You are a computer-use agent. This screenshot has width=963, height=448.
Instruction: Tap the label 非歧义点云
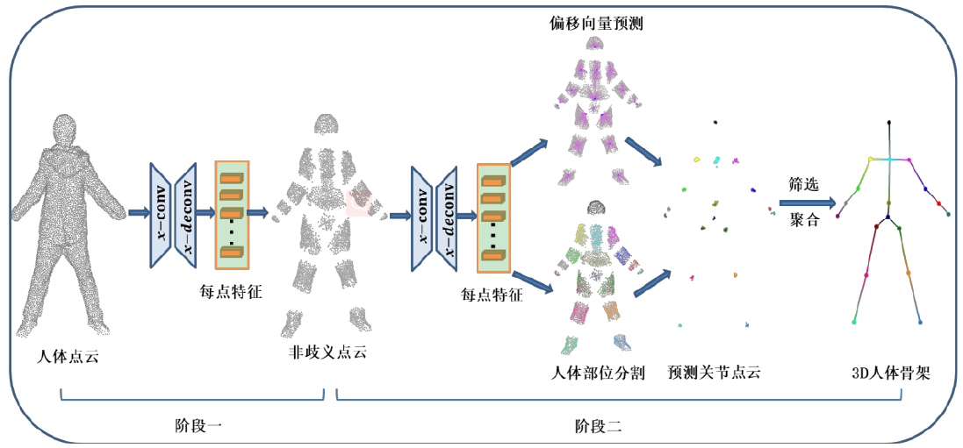[327, 352]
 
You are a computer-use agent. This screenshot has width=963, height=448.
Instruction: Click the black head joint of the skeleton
[889, 123]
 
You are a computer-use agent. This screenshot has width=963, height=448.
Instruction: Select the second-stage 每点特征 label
[492, 295]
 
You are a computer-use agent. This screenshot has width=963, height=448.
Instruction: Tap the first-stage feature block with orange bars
[232, 210]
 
